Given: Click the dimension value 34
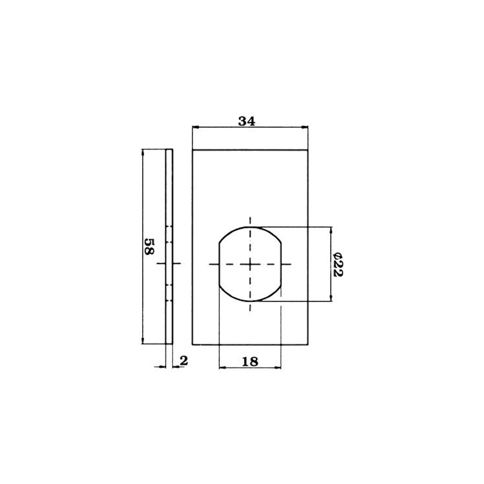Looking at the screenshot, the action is (246, 121).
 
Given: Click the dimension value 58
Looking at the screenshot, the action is (149, 246).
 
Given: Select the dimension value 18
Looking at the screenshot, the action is (250, 362).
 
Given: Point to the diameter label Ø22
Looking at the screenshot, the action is (338, 264).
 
